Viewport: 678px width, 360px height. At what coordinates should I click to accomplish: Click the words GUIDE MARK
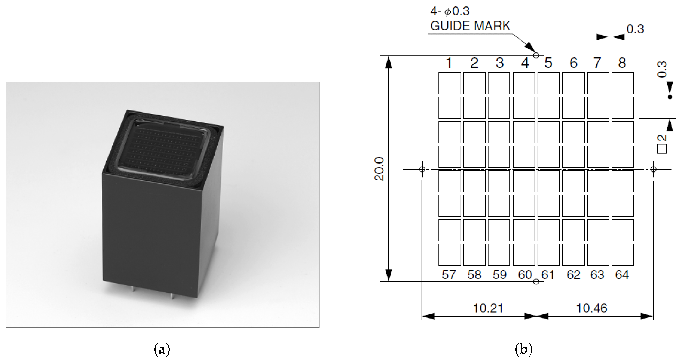(x=470, y=26)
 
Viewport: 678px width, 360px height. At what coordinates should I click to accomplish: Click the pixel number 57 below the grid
(x=449, y=275)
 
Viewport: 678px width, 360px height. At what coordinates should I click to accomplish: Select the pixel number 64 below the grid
(x=622, y=275)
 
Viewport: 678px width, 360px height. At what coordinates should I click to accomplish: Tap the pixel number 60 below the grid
(x=525, y=275)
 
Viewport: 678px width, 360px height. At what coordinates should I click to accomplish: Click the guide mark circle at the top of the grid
(x=536, y=55)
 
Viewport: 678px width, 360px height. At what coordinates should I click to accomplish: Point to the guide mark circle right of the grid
(x=653, y=169)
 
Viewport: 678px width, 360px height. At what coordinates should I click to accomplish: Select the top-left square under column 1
(x=450, y=83)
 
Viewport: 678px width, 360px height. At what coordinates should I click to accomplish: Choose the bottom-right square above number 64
(x=622, y=255)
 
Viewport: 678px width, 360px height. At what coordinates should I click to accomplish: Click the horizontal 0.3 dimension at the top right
(x=635, y=29)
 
